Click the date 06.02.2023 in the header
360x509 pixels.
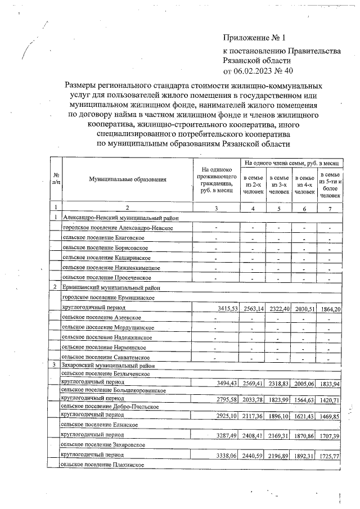tap(253, 71)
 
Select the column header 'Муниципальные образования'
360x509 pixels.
tap(128, 179)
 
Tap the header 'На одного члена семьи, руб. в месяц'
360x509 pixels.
tap(291, 163)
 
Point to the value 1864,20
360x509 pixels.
tap(329, 309)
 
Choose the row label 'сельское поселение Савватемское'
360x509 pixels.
tap(105, 357)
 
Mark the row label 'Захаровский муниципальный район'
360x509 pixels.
tap(108, 365)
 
